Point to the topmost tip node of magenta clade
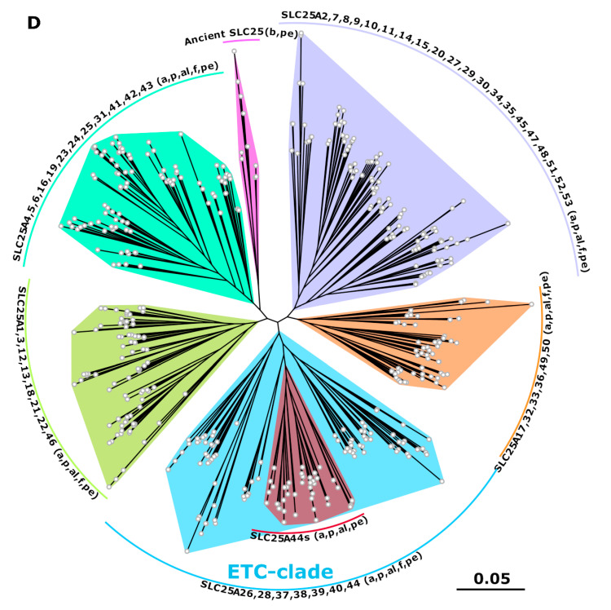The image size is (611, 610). [x=234, y=51]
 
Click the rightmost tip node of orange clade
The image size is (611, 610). [x=531, y=305]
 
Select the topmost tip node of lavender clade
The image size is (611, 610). [x=301, y=34]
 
